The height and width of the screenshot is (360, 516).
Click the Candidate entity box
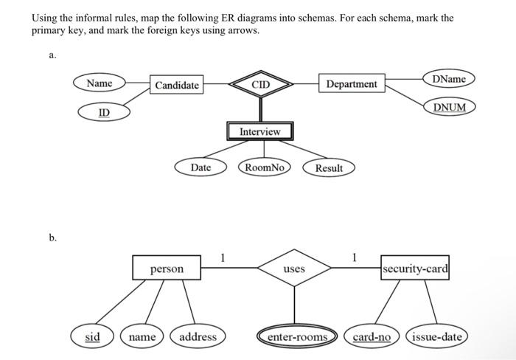click(177, 85)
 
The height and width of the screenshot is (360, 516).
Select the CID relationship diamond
click(260, 85)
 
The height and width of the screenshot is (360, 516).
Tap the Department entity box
click(351, 84)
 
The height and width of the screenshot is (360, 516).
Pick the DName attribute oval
click(449, 78)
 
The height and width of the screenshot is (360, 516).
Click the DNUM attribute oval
click(449, 107)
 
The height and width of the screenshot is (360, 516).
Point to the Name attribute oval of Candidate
click(100, 83)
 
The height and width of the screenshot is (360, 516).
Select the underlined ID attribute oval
click(105, 112)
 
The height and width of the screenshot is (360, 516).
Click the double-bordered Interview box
click(259, 131)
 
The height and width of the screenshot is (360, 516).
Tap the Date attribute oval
click(201, 167)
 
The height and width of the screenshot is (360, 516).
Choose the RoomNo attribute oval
click(264, 167)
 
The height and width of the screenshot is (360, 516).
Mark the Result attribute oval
click(329, 168)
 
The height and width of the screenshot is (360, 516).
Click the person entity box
click(167, 269)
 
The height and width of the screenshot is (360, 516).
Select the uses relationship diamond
click(294, 269)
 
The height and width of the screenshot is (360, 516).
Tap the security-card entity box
click(415, 268)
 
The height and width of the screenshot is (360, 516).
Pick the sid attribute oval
click(93, 337)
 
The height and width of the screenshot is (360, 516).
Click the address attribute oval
click(198, 337)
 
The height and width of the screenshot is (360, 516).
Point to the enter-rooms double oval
click(297, 337)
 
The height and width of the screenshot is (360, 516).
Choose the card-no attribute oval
click(372, 337)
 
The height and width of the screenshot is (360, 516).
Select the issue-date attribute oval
click(436, 337)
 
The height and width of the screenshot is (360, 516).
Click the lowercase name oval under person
click(142, 337)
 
